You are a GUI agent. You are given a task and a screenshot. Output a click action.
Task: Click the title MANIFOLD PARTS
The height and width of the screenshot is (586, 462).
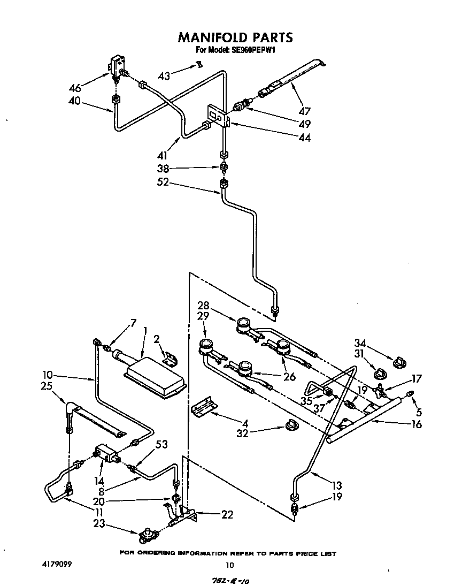coord(235,37)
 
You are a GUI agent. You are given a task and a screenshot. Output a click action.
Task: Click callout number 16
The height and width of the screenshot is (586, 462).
coord(417,424)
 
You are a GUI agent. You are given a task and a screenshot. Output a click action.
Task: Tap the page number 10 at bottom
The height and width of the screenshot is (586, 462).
coord(229,565)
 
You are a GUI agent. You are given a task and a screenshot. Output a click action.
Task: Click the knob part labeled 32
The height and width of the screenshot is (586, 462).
coord(292,424)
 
